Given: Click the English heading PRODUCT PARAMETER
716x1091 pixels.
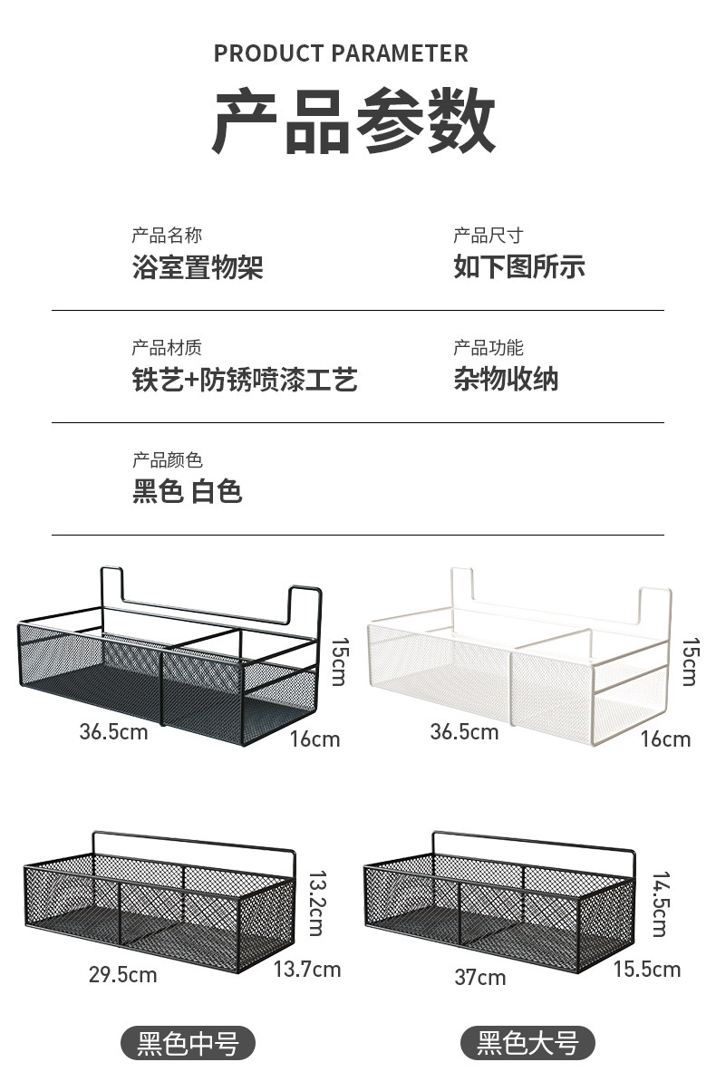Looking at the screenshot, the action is click(x=341, y=54).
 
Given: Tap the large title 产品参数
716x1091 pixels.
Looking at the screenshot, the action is click(x=354, y=121).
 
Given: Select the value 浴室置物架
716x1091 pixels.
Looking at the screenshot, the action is click(x=198, y=267).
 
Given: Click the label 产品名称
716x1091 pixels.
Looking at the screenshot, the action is click(x=167, y=236).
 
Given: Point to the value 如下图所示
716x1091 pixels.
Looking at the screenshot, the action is click(x=519, y=267).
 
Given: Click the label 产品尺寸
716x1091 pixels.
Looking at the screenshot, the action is click(x=489, y=236).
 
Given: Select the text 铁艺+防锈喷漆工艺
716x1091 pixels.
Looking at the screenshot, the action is click(x=245, y=380).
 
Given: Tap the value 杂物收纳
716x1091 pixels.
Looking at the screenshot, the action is click(x=506, y=380).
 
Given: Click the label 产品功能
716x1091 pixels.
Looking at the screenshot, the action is click(x=489, y=348).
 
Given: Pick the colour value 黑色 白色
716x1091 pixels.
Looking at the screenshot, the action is click(x=188, y=492).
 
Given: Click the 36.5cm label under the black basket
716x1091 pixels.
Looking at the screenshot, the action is click(x=113, y=731).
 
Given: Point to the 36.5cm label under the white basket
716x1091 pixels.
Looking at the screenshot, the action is click(x=464, y=731).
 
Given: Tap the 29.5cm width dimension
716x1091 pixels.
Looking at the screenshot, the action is click(x=122, y=975).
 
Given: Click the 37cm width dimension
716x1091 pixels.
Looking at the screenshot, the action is click(x=480, y=978).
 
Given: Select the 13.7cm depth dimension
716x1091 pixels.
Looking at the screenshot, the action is click(x=307, y=970).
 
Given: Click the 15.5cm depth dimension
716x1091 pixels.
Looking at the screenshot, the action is click(x=646, y=970).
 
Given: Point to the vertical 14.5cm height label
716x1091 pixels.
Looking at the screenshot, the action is click(x=660, y=904).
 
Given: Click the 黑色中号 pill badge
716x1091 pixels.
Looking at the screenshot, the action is click(x=189, y=1044).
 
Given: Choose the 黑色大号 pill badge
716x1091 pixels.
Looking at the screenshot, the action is click(x=528, y=1044).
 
